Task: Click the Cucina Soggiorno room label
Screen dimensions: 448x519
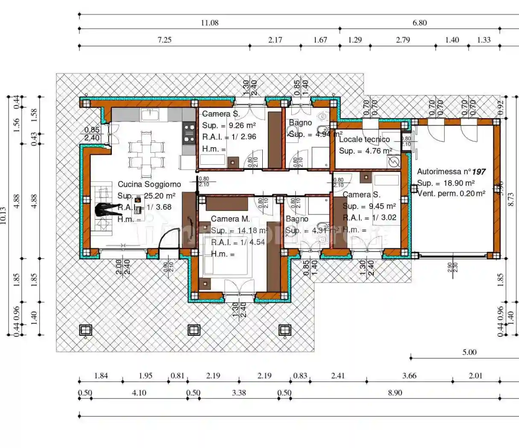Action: pyautogui.click(x=149, y=184)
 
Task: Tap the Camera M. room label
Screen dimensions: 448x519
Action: pyautogui.click(x=230, y=219)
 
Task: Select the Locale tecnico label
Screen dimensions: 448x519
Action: pyautogui.click(x=364, y=139)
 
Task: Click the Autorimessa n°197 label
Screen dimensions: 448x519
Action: pyautogui.click(x=451, y=172)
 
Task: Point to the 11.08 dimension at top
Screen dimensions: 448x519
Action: pyautogui.click(x=209, y=23)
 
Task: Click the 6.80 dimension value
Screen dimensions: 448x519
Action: pyautogui.click(x=419, y=23)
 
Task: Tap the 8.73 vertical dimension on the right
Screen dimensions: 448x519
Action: pyautogui.click(x=510, y=199)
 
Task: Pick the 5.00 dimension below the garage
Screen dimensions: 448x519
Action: pyautogui.click(x=469, y=352)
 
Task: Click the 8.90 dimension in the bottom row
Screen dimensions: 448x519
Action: pyautogui.click(x=395, y=393)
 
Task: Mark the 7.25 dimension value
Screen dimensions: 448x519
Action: pyautogui.click(x=164, y=40)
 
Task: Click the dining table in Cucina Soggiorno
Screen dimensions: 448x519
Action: pyautogui.click(x=147, y=154)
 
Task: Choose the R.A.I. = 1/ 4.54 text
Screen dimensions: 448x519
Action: pyautogui.click(x=238, y=242)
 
